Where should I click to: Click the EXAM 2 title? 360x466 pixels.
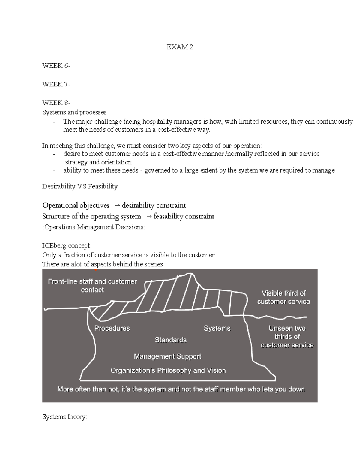click(180, 47)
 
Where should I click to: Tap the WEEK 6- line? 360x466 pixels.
click(56, 66)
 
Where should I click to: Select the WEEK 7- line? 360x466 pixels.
click(56, 84)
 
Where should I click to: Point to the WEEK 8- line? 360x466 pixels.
click(56, 103)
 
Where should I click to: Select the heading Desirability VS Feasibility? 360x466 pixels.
click(80, 186)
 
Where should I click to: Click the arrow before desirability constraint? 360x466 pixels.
click(117, 206)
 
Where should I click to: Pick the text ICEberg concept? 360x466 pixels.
click(66, 246)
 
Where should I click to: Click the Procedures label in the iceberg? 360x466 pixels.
click(112, 328)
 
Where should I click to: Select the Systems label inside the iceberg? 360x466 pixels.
click(217, 328)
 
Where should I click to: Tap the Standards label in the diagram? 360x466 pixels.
click(171, 340)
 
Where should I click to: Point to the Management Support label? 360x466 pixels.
click(167, 356)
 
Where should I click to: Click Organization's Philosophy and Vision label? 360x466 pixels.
click(168, 371)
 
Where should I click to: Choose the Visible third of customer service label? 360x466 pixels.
click(283, 297)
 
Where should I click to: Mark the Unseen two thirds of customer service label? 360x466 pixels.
click(287, 337)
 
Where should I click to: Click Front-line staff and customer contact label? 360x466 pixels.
click(92, 286)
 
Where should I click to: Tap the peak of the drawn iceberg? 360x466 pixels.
click(190, 273)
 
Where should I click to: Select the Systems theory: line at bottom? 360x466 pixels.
click(64, 417)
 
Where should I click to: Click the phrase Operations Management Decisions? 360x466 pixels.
click(94, 227)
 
